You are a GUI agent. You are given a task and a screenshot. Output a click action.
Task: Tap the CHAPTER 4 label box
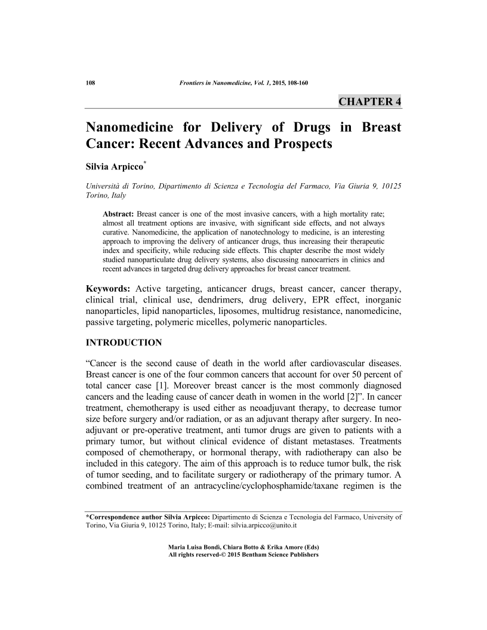coord(370,101)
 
